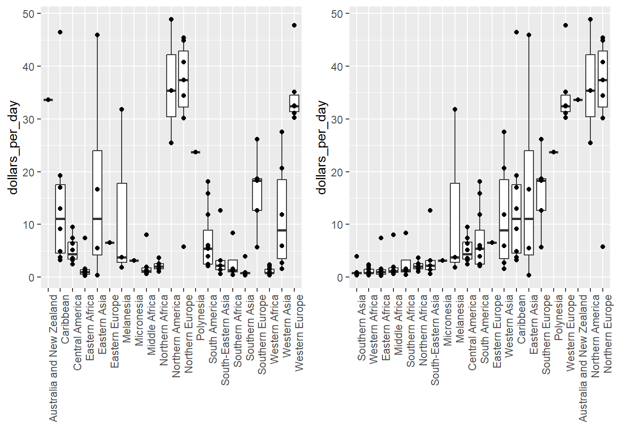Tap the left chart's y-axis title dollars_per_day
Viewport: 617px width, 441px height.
[13, 147]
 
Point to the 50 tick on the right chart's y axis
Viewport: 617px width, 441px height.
[337, 14]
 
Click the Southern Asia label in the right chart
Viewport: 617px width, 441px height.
[362, 327]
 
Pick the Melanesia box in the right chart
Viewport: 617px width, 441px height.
[455, 222]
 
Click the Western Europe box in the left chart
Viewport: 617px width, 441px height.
[294, 103]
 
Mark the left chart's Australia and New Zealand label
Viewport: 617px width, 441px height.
[53, 358]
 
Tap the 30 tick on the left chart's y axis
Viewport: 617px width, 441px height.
[29, 119]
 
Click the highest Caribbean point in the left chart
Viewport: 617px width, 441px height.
[60, 32]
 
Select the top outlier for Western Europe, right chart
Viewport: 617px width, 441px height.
[566, 25]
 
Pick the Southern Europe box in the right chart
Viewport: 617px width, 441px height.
[541, 194]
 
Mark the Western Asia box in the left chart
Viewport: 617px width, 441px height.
[282, 219]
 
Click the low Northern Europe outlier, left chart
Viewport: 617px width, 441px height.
[184, 247]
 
